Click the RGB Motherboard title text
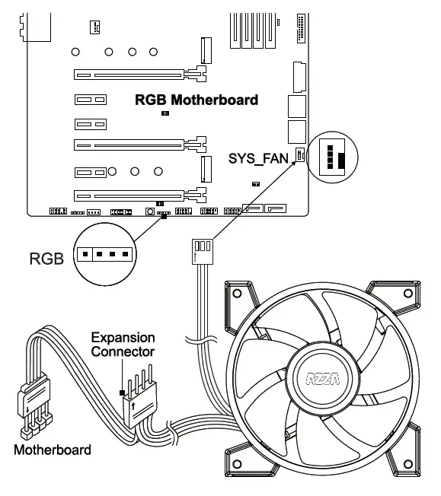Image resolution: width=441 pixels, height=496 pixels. coord(197,100)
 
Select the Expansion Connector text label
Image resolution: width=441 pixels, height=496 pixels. coord(123,344)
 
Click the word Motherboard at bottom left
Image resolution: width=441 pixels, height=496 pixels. coord(52,450)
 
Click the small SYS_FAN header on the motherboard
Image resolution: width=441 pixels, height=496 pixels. coord(300,156)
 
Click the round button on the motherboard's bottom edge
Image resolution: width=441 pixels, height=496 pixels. coord(149,211)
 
